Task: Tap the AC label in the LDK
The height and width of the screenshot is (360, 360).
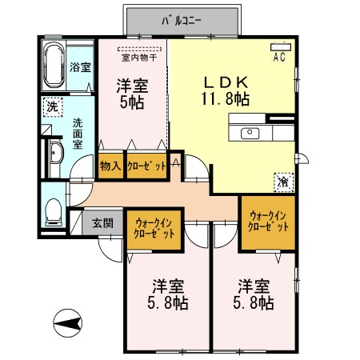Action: pos(280,58)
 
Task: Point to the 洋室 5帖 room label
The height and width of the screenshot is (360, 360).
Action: pos(131,94)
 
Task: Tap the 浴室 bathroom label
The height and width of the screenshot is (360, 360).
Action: pos(79,67)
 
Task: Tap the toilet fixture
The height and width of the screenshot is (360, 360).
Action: pos(52,210)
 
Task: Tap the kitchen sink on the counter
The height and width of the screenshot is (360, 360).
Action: pos(250,132)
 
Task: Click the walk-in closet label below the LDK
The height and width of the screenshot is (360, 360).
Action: pos(268,222)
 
